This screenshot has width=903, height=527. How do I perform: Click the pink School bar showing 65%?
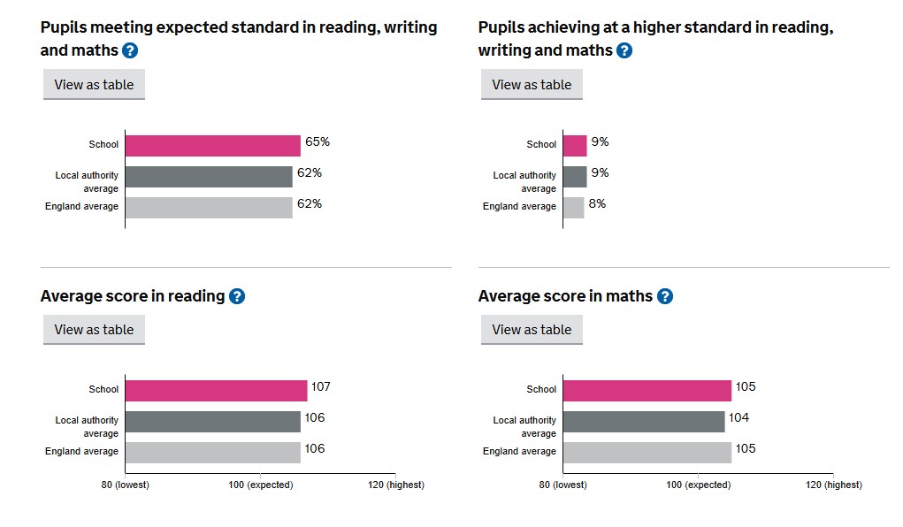point(212,146)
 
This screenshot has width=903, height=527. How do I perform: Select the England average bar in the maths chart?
point(647,452)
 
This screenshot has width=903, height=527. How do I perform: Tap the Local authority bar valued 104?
point(643,421)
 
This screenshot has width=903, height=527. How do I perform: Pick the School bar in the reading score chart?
point(216,390)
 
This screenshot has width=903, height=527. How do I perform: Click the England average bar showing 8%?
point(573,208)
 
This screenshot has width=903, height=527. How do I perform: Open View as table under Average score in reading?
point(94,330)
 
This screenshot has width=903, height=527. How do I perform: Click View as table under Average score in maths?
point(532,330)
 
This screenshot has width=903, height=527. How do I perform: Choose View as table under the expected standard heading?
point(94,85)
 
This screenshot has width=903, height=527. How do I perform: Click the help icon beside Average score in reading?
point(237,296)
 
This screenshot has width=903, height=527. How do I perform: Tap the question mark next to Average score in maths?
point(665,296)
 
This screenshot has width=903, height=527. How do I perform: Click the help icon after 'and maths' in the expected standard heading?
point(130,50)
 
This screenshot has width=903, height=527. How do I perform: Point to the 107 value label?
point(320,387)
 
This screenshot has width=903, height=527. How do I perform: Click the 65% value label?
point(318,142)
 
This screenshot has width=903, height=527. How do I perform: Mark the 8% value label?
point(597,204)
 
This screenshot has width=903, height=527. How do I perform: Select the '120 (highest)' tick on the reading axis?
point(395,485)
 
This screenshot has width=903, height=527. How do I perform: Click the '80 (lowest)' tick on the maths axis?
point(562,485)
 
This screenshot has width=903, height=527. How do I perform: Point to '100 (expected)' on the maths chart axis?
point(698,485)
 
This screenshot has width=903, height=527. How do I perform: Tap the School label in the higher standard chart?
point(541,144)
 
